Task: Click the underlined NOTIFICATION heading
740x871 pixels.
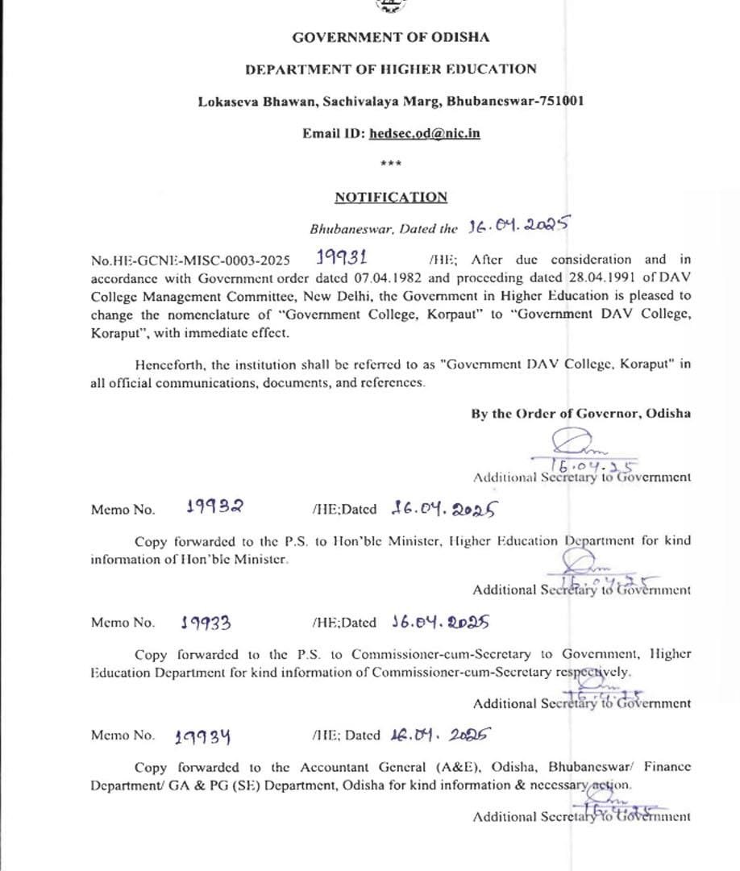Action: (x=391, y=198)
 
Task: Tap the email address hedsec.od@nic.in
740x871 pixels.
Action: (x=425, y=133)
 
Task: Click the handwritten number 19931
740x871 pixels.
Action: (x=342, y=258)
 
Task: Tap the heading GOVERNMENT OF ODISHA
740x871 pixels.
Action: (x=391, y=37)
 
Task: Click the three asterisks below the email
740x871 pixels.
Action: (x=391, y=165)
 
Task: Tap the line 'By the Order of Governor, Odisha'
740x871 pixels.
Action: (x=580, y=414)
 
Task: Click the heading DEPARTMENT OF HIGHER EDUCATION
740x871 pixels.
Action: (x=391, y=69)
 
